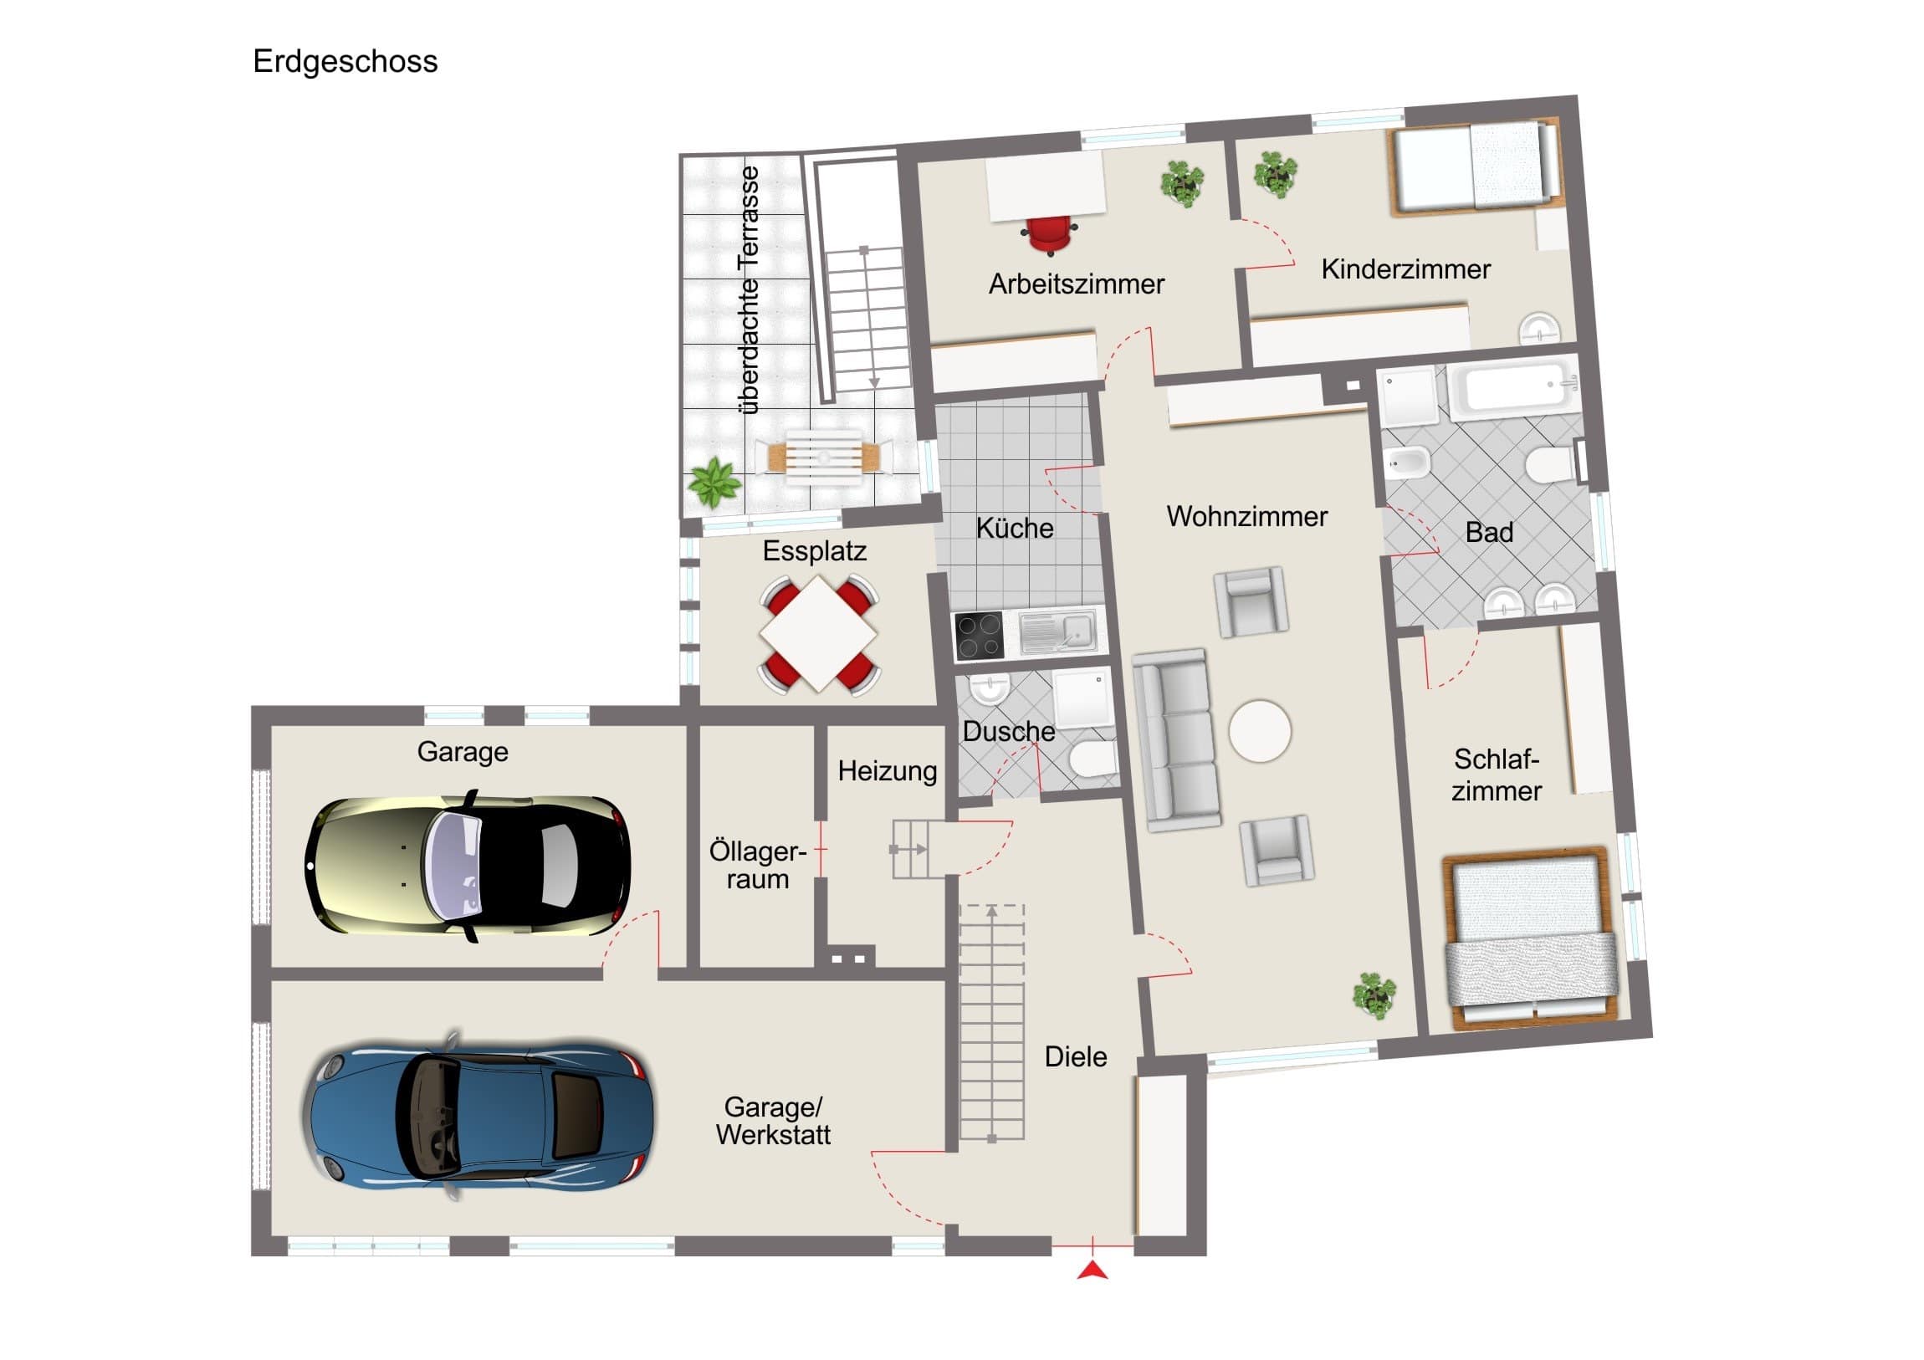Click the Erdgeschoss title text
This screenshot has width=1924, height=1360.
pos(345,62)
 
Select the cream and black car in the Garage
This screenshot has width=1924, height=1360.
pos(468,866)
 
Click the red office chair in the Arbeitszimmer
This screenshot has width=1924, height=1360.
pos(1049,236)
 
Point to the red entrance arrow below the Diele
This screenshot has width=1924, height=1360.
pos(1092,1271)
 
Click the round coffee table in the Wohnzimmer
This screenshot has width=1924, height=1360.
pos(1261,731)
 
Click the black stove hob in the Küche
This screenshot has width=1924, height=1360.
pos(979,637)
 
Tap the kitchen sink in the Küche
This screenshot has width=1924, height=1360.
pos(1058,631)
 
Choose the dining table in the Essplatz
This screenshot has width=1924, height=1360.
pos(819,633)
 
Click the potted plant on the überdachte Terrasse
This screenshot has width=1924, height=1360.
pos(714,483)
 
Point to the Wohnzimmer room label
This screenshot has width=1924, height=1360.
pos(1247,517)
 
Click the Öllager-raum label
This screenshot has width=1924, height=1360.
pos(758,865)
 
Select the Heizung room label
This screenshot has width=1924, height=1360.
pos(888,771)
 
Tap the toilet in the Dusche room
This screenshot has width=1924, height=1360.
pos(1092,761)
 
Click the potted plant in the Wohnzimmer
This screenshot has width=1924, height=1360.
pos(1374,995)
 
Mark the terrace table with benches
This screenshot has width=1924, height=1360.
pos(824,458)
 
